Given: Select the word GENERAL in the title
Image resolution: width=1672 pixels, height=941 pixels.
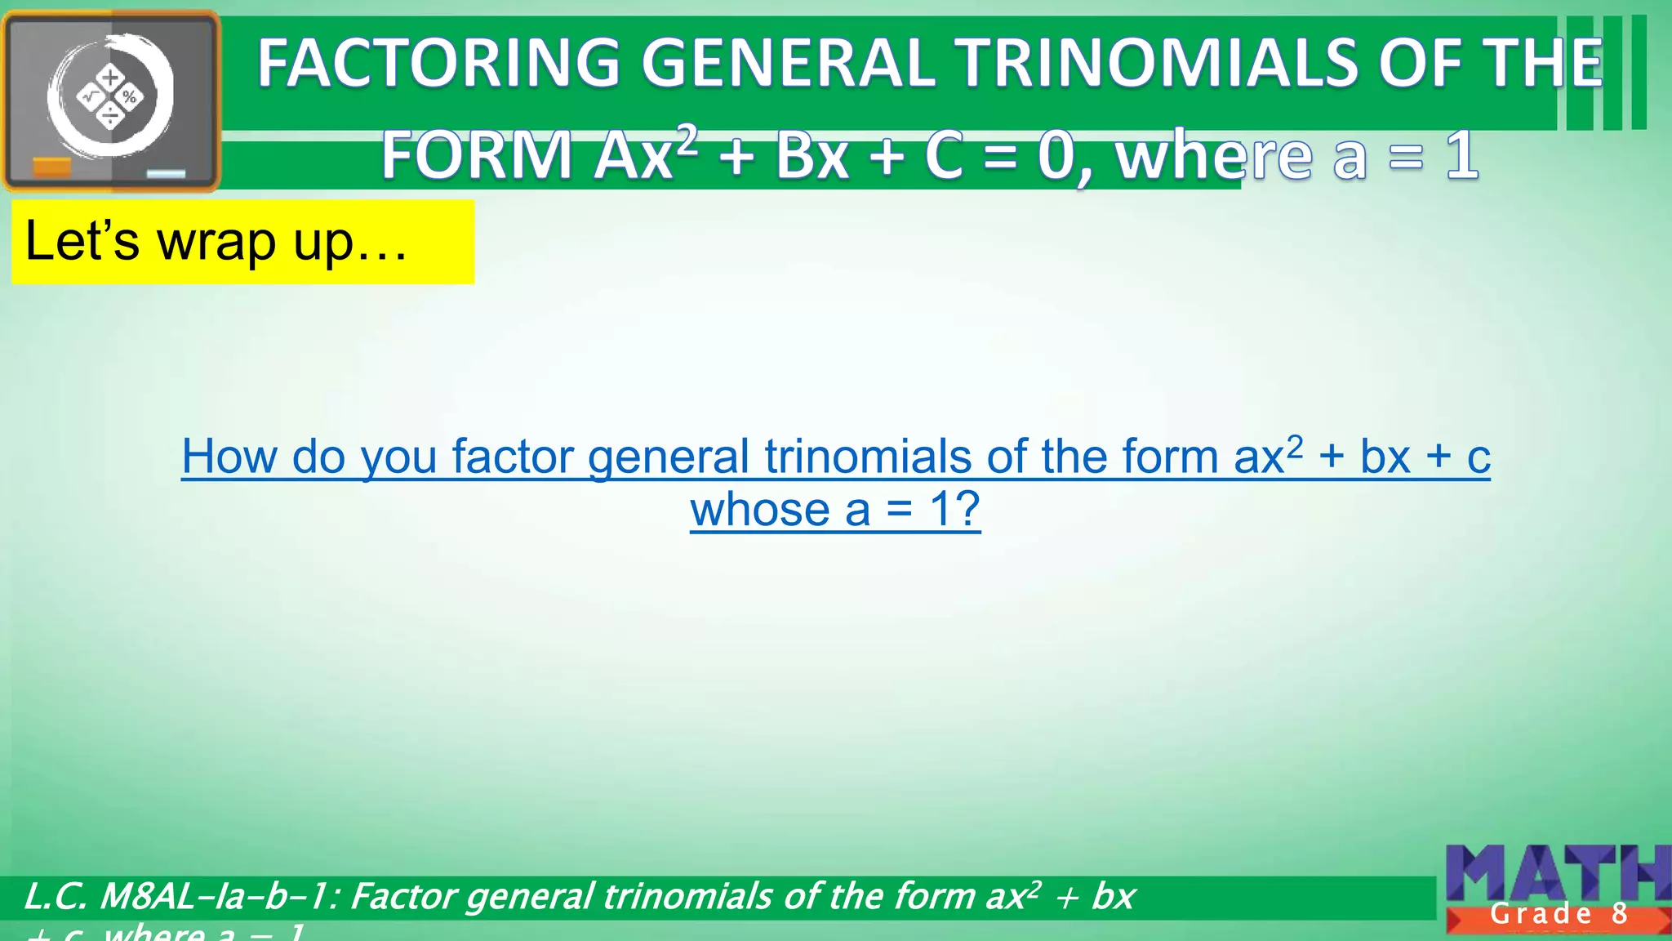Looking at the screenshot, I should click(x=788, y=64).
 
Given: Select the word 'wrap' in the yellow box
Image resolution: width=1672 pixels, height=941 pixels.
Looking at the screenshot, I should click(x=216, y=243).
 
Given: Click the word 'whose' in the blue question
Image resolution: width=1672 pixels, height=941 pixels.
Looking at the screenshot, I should click(x=759, y=510).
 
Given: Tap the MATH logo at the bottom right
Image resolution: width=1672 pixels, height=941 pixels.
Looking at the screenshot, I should click(x=1556, y=874).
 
